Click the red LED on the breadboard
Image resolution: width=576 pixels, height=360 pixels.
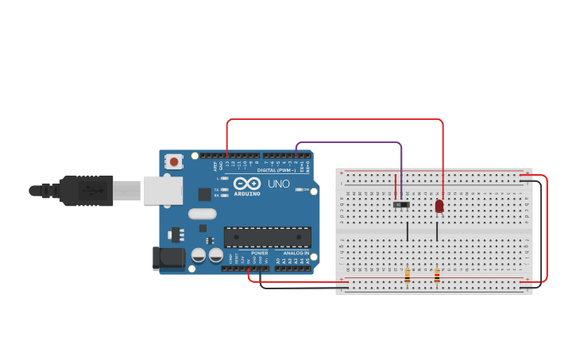pos(439,206)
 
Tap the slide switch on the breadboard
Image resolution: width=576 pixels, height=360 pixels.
pos(403,205)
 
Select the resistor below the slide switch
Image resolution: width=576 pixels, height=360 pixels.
pos(408,276)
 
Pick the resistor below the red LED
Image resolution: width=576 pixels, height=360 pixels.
pos(437,276)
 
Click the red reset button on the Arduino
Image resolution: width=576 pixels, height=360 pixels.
pos(173,161)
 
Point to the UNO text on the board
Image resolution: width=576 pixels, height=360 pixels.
pos(279,184)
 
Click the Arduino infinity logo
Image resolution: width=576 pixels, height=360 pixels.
pos(247,183)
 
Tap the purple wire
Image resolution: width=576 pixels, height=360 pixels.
pos(350,143)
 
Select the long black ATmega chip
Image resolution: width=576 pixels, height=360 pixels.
pos(267,237)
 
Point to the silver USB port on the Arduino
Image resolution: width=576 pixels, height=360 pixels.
pos(162,191)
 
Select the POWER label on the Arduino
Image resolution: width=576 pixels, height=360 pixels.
pos(259,254)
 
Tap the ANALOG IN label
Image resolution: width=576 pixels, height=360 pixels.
pos(296,254)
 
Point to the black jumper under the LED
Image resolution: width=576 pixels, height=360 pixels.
pos(437,230)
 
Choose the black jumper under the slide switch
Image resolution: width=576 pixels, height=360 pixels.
pos(408,230)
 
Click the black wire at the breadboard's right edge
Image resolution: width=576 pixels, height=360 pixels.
pos(541,230)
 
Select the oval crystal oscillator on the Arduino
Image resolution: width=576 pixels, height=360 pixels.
pos(203,213)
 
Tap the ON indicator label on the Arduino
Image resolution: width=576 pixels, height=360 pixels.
pos(306,190)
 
